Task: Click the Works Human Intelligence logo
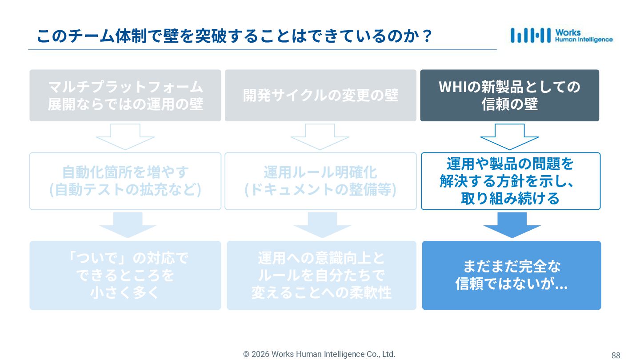click(561, 36)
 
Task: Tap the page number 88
click(616, 355)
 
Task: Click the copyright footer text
click(319, 354)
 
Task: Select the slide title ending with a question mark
click(235, 36)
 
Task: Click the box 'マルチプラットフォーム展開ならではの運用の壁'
click(125, 95)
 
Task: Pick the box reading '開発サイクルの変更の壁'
click(320, 95)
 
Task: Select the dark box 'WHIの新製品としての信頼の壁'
click(509, 95)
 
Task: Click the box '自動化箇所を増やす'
click(125, 181)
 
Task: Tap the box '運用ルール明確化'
click(320, 181)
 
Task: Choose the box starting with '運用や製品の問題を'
click(510, 181)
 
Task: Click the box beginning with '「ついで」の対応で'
click(125, 275)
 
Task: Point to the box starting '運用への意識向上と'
click(321, 275)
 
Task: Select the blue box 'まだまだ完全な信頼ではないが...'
click(511, 275)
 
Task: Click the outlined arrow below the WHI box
click(509, 136)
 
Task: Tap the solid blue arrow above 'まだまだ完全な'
click(512, 224)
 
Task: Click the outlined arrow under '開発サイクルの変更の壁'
click(320, 136)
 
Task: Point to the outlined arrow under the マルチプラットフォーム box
click(125, 136)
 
